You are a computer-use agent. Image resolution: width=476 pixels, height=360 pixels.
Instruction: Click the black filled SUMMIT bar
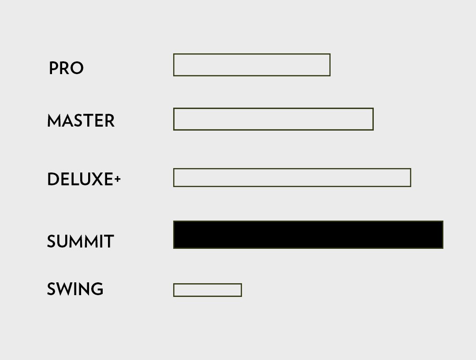308,235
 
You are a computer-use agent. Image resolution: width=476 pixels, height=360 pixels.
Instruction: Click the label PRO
66,68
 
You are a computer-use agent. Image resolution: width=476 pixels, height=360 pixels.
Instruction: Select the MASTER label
81,120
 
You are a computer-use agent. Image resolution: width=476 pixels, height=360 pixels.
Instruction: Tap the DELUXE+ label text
84,179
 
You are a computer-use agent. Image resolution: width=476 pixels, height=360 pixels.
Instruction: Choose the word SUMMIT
81,241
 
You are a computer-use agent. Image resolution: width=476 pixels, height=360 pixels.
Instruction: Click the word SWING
75,289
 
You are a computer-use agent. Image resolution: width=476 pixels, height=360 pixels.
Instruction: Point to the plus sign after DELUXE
118,179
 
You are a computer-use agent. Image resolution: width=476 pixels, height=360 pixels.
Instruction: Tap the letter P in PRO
53,68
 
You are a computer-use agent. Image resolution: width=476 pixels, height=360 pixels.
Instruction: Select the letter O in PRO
77,68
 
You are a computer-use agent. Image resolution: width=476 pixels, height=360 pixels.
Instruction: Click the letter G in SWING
97,289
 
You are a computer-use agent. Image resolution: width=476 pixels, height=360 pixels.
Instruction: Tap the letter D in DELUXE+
53,179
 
